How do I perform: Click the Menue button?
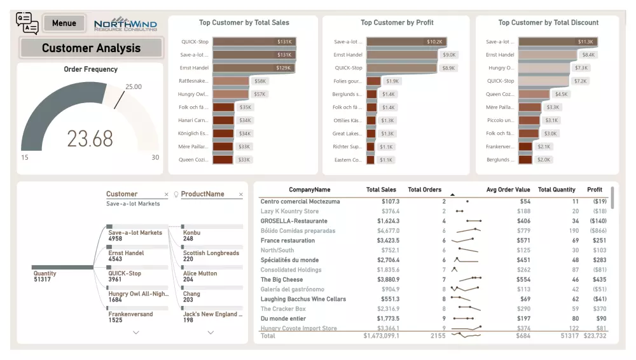(64, 24)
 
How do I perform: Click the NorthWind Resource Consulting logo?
(125, 25)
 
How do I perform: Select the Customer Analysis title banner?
(90, 48)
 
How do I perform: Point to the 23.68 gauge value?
(90, 138)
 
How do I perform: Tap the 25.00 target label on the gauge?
(134, 87)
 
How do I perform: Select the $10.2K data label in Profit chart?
(434, 42)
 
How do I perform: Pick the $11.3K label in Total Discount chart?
(585, 42)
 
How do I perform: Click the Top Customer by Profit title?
(397, 23)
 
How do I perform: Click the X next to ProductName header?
(241, 195)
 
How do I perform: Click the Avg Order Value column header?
(508, 190)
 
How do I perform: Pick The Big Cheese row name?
(282, 279)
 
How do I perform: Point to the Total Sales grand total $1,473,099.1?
(381, 335)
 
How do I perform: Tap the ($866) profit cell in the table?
(597, 231)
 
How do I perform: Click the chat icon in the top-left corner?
(27, 23)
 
